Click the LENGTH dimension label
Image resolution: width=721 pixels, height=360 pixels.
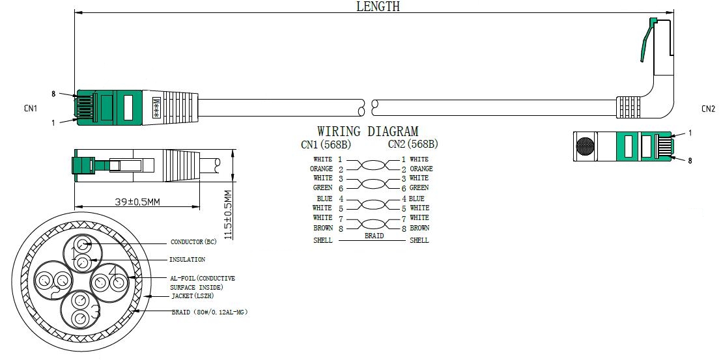point(378,7)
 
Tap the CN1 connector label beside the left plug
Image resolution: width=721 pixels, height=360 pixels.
point(31,109)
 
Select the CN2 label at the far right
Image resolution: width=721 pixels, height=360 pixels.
point(708,109)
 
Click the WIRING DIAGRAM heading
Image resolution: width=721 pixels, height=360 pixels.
point(367,132)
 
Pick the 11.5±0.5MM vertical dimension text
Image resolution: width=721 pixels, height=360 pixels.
point(227,215)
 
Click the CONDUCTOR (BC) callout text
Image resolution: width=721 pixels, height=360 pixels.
point(193,242)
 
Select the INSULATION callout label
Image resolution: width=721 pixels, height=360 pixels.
point(187,260)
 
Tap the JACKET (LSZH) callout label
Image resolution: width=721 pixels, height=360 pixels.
point(193,296)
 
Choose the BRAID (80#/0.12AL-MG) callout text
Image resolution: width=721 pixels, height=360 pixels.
point(210,312)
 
